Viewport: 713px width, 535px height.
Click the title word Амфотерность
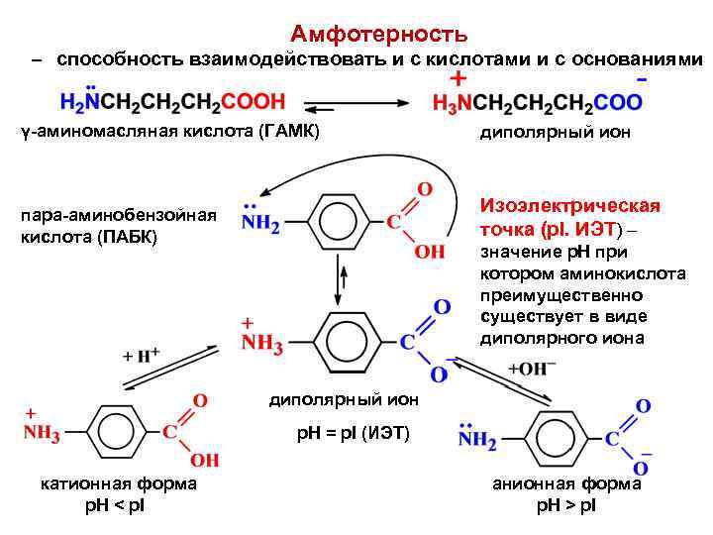pos(379,35)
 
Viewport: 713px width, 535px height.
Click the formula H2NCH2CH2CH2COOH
pos(172,101)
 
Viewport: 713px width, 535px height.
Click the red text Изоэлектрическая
pos(569,205)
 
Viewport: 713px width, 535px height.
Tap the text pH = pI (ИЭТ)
pos(353,434)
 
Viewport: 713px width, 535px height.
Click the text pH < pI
pos(117,505)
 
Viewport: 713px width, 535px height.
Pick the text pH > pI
pos(566,505)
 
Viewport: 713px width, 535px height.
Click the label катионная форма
pos(118,483)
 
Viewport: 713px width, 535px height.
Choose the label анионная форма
pos(566,483)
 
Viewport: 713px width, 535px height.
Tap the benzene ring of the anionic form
pos(555,436)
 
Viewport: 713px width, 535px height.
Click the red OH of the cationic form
pos(205,461)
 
